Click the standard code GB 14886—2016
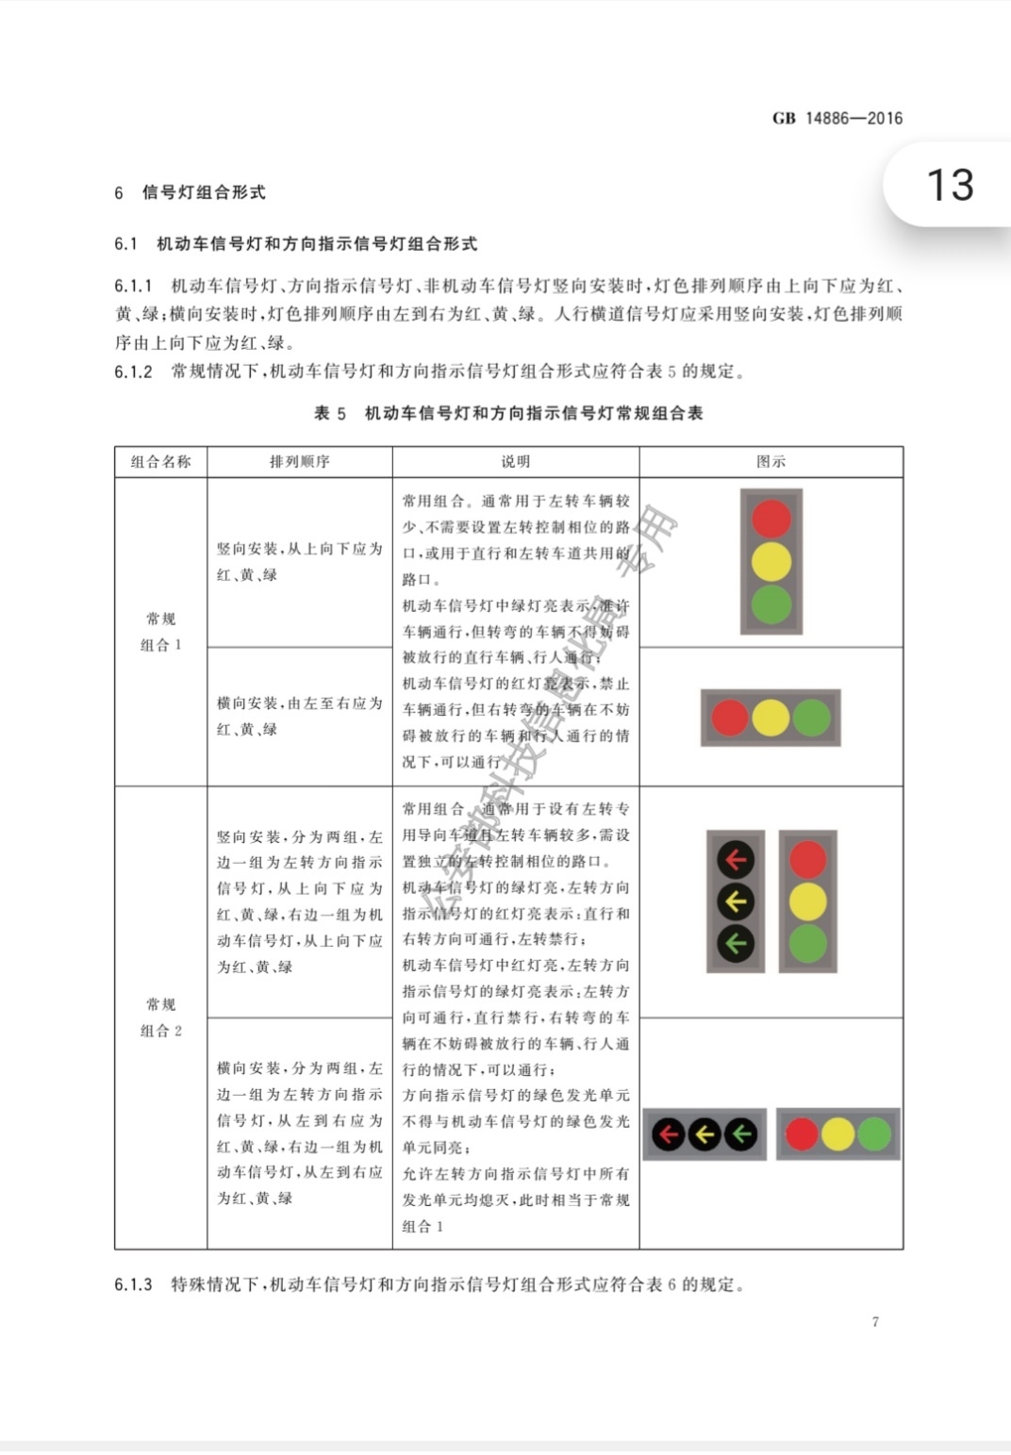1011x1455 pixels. [x=837, y=119]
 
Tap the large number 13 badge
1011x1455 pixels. [x=950, y=185]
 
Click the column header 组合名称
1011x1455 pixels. [x=160, y=461]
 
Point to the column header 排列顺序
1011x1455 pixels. [x=299, y=461]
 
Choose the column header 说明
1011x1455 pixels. [x=515, y=461]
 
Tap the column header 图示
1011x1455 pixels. [x=771, y=461]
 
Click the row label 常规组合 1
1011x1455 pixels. [x=160, y=632]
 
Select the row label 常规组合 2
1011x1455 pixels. [x=160, y=1017]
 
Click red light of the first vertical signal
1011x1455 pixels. [x=771, y=519]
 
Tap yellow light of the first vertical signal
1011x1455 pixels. [x=771, y=562]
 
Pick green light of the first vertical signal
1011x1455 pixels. [x=771, y=604]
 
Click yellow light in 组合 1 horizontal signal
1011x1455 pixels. [x=771, y=718]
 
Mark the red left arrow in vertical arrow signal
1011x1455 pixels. [x=736, y=859]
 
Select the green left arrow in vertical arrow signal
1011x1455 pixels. [x=736, y=942]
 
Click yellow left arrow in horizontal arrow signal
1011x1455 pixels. [x=704, y=1133]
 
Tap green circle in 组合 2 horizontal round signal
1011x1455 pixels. [x=874, y=1133]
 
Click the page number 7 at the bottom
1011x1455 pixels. [x=875, y=1322]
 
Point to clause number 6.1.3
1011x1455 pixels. [x=133, y=1284]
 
